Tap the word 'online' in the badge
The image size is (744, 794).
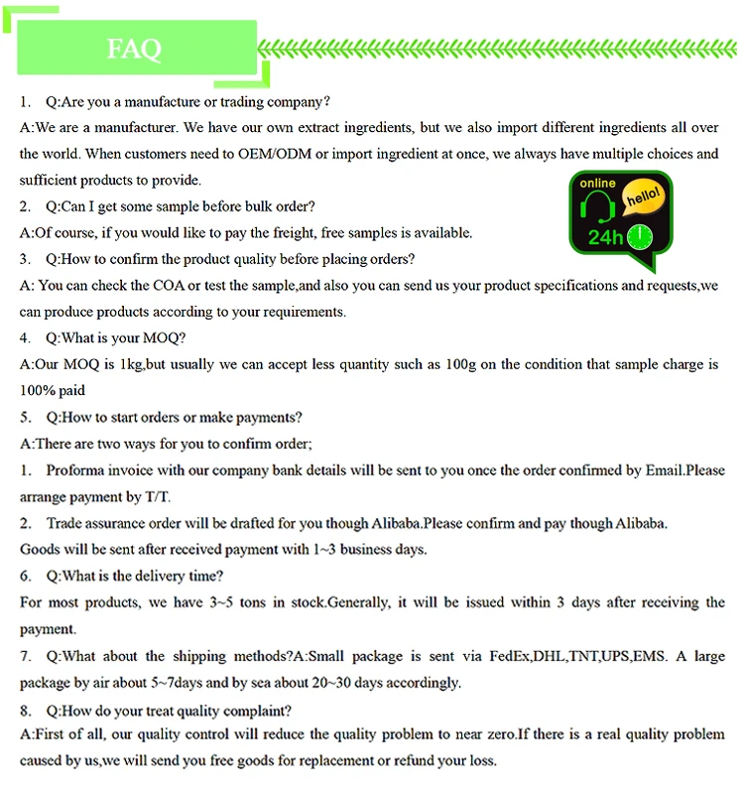597,184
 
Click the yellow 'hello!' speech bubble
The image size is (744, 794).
642,198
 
